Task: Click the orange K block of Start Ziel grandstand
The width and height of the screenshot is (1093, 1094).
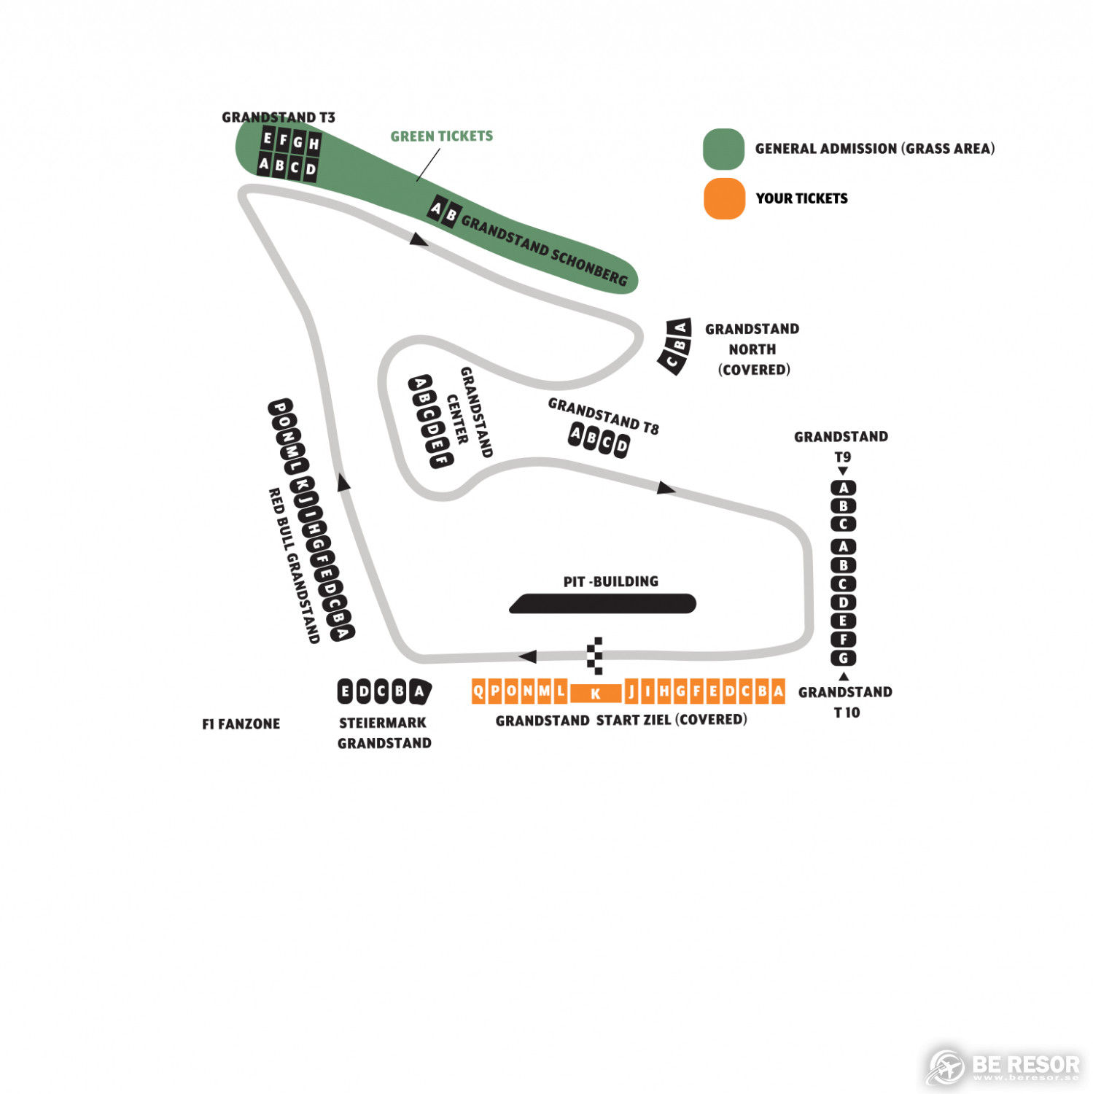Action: [596, 693]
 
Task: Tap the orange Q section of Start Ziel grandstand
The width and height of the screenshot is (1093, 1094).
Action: [478, 691]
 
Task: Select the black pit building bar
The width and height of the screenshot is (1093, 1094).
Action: [602, 604]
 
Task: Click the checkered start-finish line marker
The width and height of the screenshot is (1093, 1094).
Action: [596, 655]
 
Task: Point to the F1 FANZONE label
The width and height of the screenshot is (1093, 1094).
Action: [241, 724]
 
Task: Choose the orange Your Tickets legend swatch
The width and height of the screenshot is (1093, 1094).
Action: [724, 198]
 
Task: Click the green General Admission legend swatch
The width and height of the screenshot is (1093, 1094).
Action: [724, 149]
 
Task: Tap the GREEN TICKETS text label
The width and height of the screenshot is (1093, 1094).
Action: [442, 136]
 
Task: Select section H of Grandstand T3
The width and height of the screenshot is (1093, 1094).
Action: [314, 144]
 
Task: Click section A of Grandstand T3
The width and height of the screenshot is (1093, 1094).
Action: [265, 164]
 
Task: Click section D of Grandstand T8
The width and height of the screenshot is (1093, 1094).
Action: [621, 445]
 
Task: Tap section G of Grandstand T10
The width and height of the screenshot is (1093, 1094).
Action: [844, 658]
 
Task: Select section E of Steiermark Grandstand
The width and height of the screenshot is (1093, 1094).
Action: [346, 691]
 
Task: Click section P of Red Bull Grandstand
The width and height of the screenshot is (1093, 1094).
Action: [280, 406]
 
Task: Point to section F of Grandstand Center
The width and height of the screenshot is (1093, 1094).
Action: [441, 459]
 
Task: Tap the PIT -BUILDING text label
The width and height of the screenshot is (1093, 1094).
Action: [611, 581]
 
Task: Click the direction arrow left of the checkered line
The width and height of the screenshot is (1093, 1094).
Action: [527, 656]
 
